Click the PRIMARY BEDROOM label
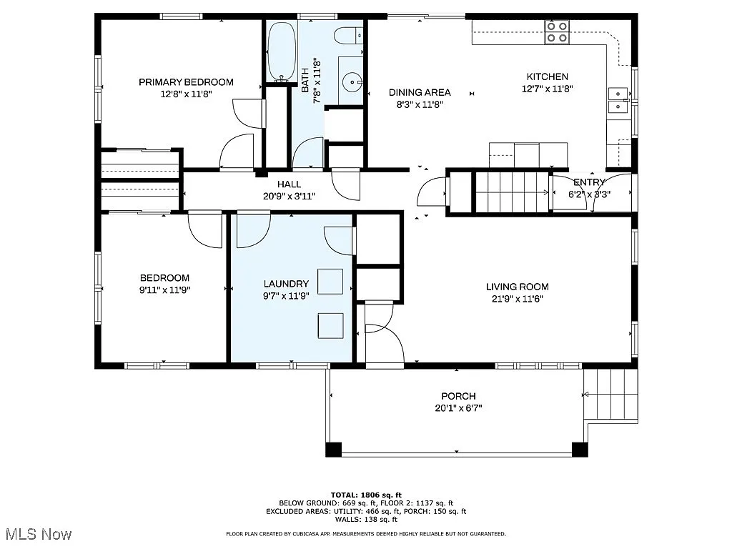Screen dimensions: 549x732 tap(186, 82)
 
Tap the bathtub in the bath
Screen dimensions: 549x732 tap(280, 51)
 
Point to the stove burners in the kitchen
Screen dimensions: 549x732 tap(558, 31)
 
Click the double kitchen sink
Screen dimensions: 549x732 tap(618, 100)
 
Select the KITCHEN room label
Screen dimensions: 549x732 tap(548, 77)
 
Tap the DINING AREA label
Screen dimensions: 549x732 tap(420, 92)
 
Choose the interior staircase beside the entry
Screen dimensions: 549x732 tap(513, 192)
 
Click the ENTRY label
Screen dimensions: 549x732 tap(589, 182)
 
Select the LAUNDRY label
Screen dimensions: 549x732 tap(286, 284)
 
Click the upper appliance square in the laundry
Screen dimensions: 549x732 tap(330, 282)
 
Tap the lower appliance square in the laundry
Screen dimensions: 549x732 tap(330, 325)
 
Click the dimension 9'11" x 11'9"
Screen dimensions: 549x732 tap(164, 290)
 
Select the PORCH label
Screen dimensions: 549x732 tap(458, 396)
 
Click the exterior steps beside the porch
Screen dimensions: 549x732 tap(610, 395)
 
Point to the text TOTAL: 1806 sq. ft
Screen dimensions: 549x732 tap(366, 495)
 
